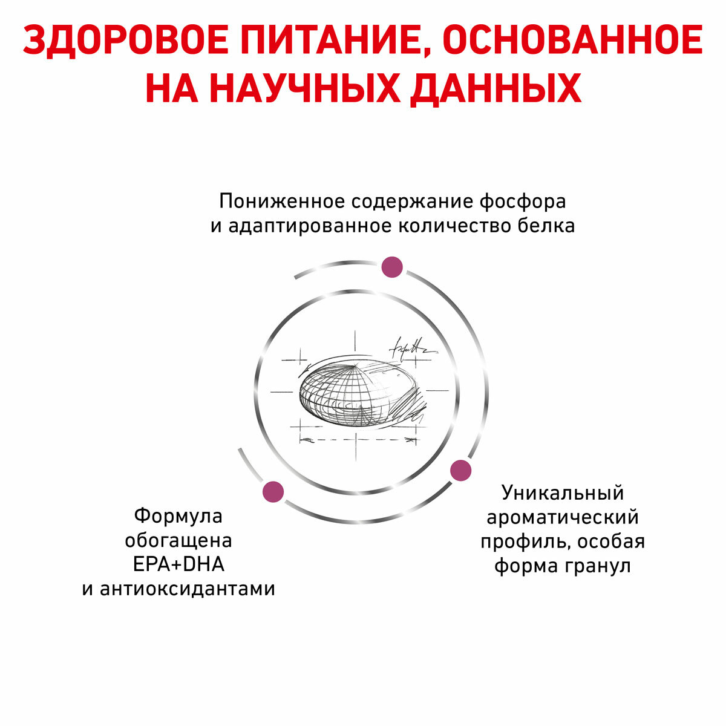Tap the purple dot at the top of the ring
coord(392,267)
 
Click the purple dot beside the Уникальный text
coord(461,470)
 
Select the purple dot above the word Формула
coord(272,491)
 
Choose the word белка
coord(546,226)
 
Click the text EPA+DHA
coord(178,564)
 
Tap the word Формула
coord(178,515)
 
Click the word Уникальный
coord(563,492)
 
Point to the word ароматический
coord(563,517)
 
